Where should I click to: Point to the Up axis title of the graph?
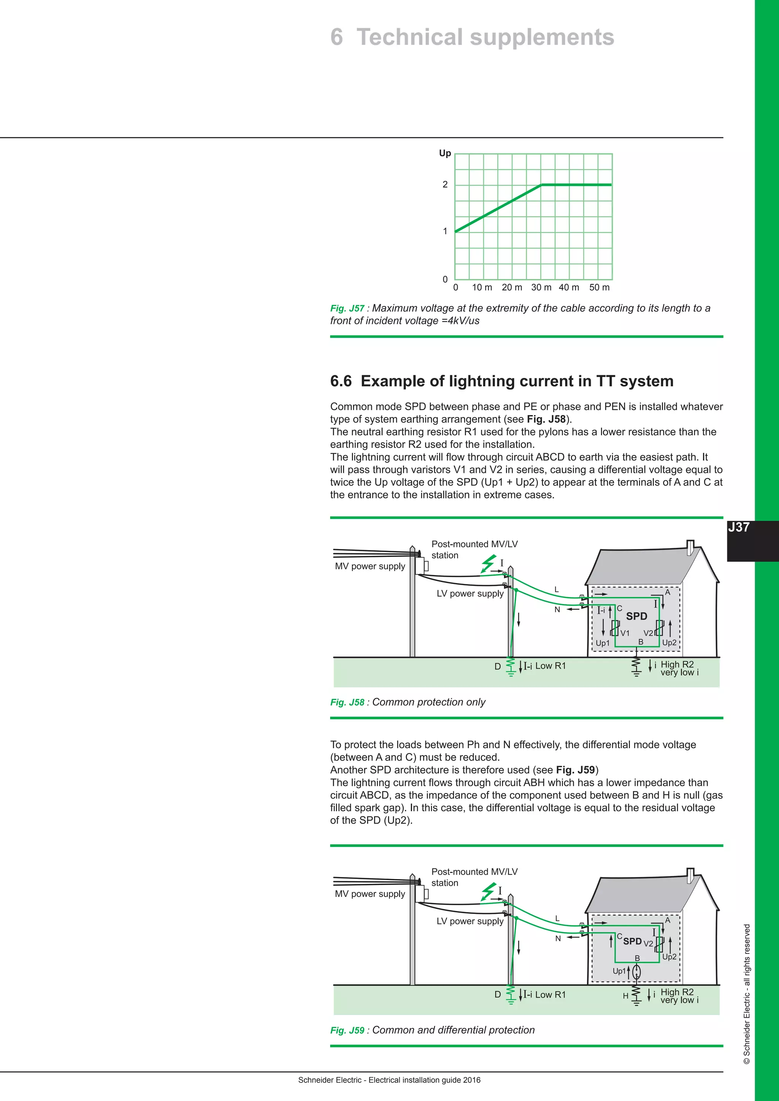(445, 154)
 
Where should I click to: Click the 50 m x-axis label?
(599, 287)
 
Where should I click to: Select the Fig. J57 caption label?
(347, 308)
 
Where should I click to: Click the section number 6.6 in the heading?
(340, 381)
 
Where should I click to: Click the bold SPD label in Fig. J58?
(636, 616)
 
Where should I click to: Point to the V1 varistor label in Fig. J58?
(625, 633)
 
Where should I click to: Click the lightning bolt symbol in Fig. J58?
(488, 563)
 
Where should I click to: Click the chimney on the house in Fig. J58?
(690, 547)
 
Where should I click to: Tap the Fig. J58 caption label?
(347, 703)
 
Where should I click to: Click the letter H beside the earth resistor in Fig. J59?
(625, 996)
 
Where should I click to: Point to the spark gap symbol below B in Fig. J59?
(636, 972)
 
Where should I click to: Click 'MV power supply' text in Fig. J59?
(370, 894)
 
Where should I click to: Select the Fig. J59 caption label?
(347, 1031)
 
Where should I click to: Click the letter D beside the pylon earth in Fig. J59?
(498, 995)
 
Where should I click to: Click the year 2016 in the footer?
(472, 1080)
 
